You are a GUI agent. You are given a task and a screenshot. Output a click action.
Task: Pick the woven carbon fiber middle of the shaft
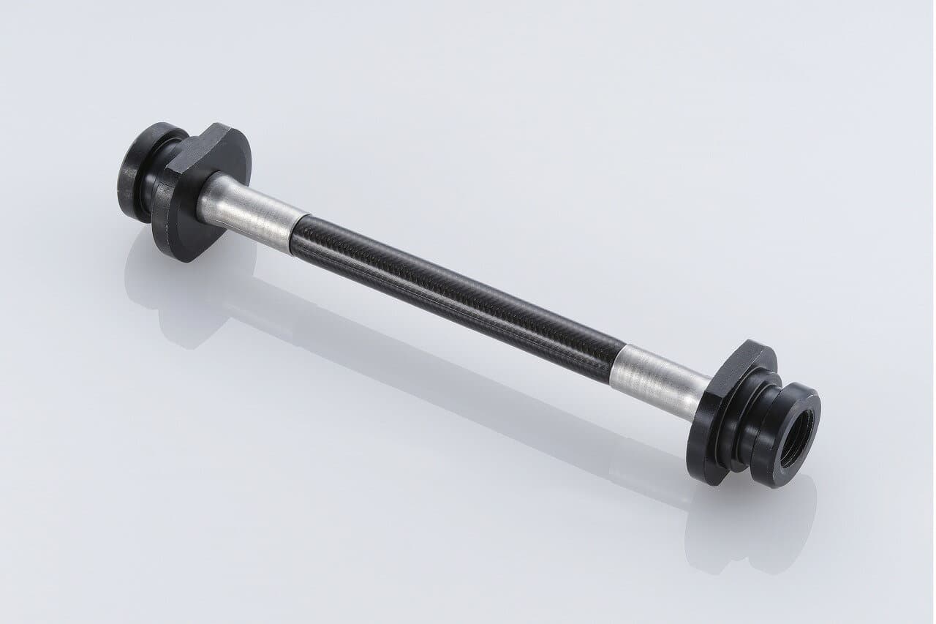point(453,293)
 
